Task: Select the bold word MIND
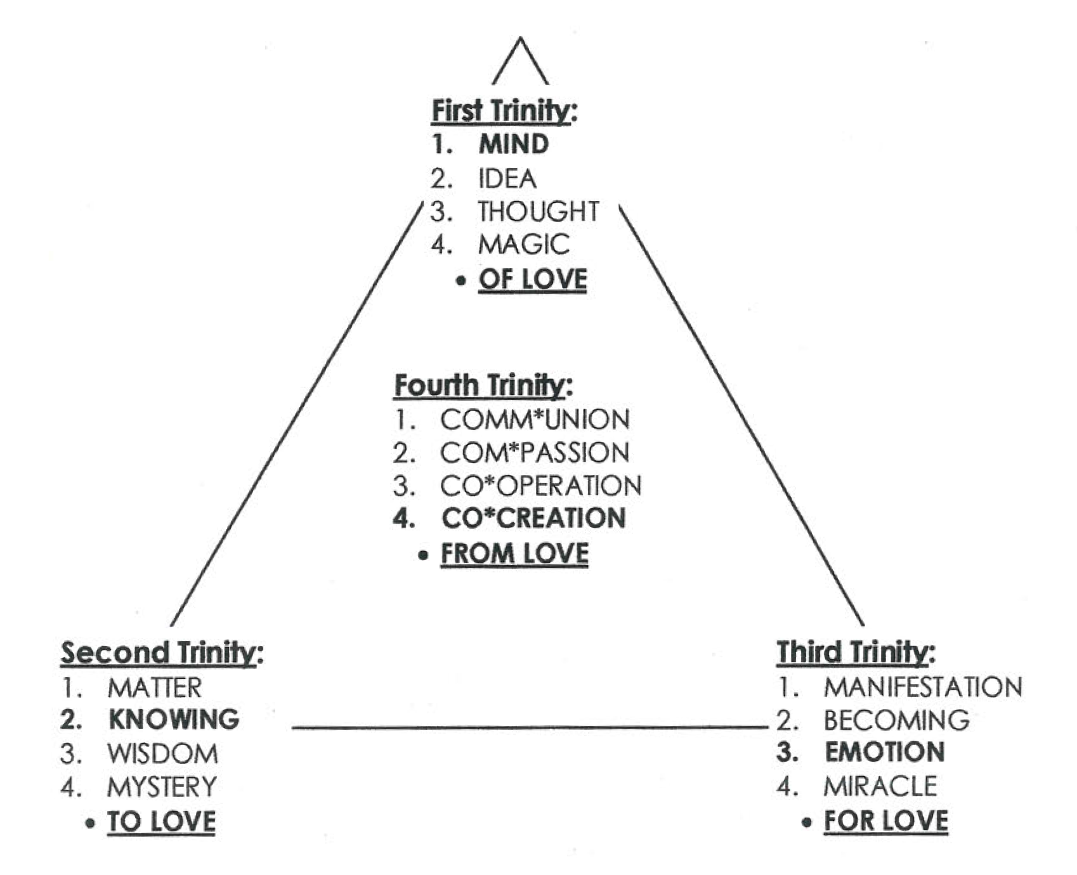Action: tap(513, 145)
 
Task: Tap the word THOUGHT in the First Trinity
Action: tap(538, 212)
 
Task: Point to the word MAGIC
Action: tap(523, 245)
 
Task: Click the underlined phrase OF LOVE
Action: tap(533, 280)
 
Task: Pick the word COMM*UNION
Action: tap(535, 420)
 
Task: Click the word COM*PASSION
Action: tap(535, 453)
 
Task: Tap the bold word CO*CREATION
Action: tap(533, 519)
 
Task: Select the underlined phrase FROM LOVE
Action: tap(514, 554)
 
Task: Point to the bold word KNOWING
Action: tap(174, 720)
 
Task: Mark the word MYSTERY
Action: tap(162, 787)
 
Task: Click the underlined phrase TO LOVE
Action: tap(161, 822)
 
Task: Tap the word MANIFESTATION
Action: tap(923, 687)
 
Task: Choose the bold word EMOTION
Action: tap(885, 753)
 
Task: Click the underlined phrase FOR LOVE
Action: tap(885, 821)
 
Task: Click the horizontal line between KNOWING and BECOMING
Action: tap(530, 728)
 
